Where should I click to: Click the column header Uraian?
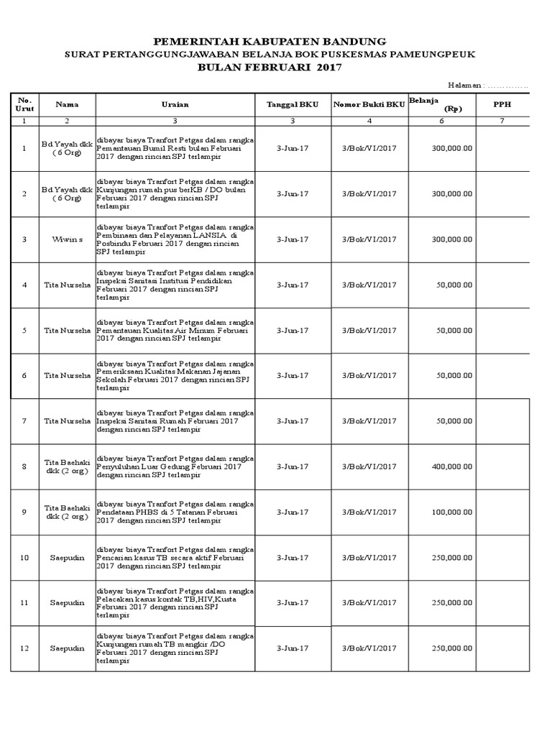tap(175, 105)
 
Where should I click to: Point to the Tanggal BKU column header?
tap(293, 105)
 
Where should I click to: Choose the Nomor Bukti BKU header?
tap(369, 105)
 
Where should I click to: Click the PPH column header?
tap(501, 105)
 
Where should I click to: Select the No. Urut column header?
tap(24, 105)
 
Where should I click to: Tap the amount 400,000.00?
tap(452, 466)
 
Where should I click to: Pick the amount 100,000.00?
tap(452, 512)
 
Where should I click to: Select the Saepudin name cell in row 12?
tap(67, 648)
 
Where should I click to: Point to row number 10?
tap(24, 558)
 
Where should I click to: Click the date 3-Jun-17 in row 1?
tap(293, 148)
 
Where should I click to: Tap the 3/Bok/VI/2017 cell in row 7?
tap(369, 421)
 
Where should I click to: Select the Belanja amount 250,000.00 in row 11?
tap(452, 603)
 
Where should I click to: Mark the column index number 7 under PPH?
tap(501, 121)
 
